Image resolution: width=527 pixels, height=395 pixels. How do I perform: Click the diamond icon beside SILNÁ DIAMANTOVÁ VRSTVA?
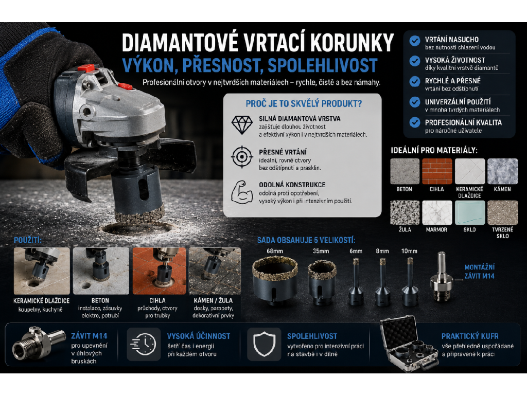(242, 125)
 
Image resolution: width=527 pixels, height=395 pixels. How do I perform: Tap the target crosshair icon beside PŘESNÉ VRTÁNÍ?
(242, 157)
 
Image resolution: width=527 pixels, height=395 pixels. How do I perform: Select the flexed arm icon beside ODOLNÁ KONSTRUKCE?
(242, 192)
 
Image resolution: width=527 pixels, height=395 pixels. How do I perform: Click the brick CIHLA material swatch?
(437, 171)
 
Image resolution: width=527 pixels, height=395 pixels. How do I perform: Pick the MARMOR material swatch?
(437, 212)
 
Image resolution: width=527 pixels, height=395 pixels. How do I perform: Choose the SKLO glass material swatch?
(469, 212)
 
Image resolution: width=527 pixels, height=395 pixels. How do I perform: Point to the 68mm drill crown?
(275, 280)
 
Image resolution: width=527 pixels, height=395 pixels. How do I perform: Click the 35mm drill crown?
(322, 283)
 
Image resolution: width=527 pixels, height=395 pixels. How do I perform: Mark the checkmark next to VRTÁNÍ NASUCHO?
(415, 41)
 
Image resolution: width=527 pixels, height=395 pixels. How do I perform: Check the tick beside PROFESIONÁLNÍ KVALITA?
(415, 122)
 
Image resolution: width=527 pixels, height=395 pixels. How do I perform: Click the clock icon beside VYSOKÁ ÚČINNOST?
(143, 345)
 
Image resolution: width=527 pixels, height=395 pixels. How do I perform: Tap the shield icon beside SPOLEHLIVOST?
(264, 344)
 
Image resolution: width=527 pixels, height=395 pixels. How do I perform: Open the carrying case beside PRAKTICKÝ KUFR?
(409, 344)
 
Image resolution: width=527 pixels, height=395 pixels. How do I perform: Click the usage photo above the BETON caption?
(101, 271)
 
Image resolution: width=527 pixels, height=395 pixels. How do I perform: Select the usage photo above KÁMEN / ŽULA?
(215, 271)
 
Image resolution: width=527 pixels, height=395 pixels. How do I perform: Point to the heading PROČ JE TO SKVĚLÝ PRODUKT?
(304, 104)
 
